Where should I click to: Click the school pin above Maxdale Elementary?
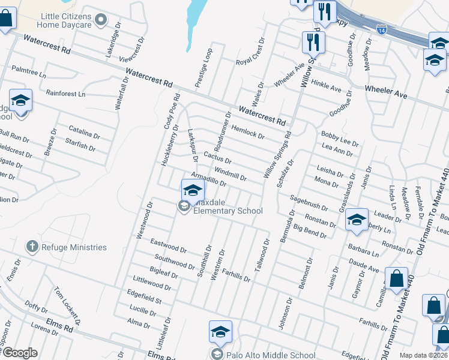tap(192, 191)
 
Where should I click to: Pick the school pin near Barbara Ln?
tap(357, 220)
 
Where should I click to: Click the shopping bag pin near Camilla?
tap(396, 279)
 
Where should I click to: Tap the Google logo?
tap(20, 352)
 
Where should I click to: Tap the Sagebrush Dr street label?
tap(309, 202)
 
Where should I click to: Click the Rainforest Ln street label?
tap(66, 94)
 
